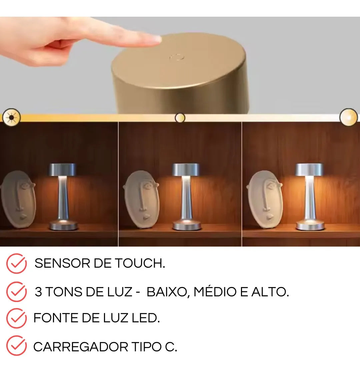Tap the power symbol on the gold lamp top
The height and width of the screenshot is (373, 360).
177,57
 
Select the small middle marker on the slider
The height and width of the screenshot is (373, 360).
180,118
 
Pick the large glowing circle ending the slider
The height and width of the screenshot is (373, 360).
348,117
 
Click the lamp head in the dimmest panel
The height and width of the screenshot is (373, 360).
62,170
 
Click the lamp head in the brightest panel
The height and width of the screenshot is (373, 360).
309,170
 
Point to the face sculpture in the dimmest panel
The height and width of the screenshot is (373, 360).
18,199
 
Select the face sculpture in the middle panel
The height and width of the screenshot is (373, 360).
141,199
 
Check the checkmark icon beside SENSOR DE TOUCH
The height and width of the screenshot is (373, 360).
16,263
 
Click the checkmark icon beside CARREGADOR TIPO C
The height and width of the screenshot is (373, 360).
16,346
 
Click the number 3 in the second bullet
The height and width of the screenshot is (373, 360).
38,292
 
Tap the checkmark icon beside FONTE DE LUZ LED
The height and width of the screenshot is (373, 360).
16,318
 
